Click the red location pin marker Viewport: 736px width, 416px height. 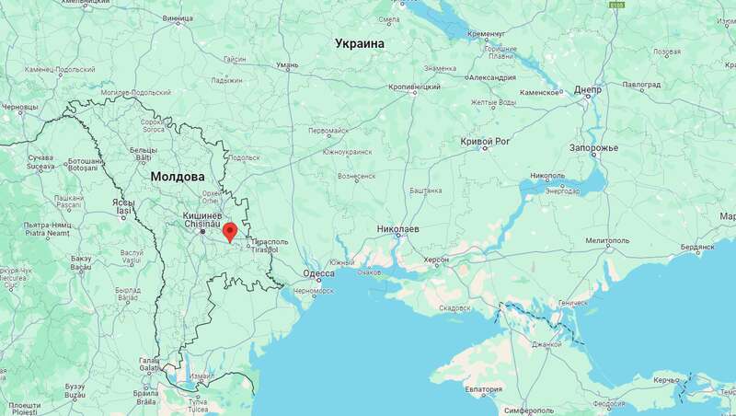tap(230, 233)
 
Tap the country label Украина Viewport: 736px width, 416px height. tap(360, 43)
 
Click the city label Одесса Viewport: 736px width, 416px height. tap(318, 273)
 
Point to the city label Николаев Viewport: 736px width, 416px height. tap(398, 228)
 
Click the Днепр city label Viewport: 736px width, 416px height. tap(589, 91)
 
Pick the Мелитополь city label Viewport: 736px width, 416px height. tap(605, 240)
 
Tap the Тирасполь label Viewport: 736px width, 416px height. tap(270, 241)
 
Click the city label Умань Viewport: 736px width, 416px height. tap(288, 64)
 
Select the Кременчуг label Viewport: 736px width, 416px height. tap(487, 34)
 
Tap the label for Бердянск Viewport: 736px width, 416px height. tap(697, 247)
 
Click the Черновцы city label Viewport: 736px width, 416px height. tap(19, 108)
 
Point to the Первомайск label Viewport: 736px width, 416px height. tap(328, 131)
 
